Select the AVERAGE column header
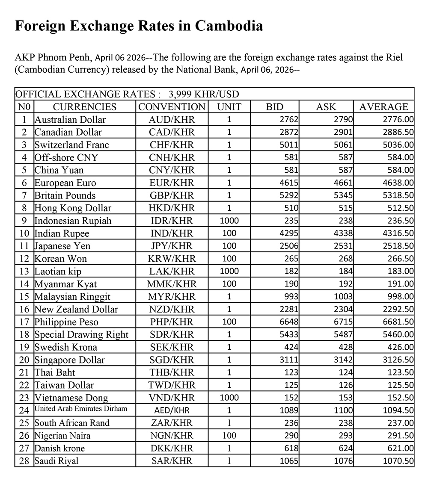pyautogui.click(x=383, y=107)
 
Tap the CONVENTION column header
pyautogui.click(x=172, y=107)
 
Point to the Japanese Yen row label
pyautogui.click(x=62, y=246)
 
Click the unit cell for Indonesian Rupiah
pyautogui.click(x=229, y=221)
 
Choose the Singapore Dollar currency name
pyautogui.click(x=69, y=360)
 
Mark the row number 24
pyautogui.click(x=24, y=410)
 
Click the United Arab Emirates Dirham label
pyautogui.click(x=81, y=409)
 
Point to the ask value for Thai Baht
pyautogui.click(x=345, y=372)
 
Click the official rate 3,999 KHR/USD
pyautogui.click(x=204, y=94)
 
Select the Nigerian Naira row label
pyautogui.click(x=62, y=436)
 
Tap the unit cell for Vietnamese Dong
pyautogui.click(x=229, y=398)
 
